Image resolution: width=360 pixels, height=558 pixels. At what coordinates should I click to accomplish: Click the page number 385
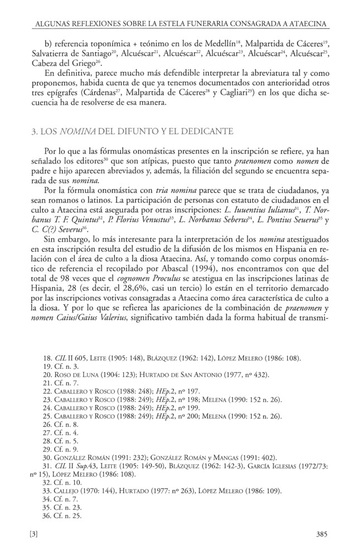click(x=320, y=533)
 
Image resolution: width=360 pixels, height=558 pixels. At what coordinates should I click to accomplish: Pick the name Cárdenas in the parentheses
click(x=125, y=93)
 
